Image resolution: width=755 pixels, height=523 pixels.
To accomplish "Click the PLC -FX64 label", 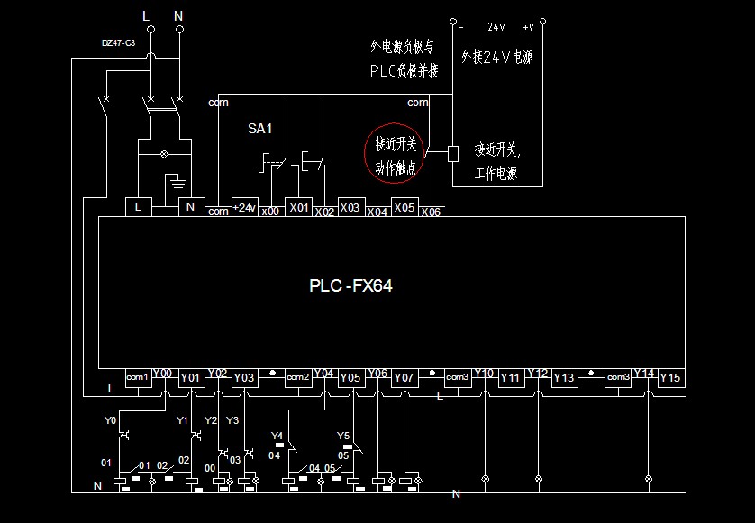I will (350, 286).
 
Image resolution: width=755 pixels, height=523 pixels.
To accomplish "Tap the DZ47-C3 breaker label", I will (118, 42).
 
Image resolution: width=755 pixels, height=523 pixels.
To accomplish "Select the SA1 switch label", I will (259, 129).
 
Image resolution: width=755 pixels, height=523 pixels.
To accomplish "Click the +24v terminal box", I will (245, 207).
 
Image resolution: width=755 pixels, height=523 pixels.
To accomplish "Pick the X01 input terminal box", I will (298, 207).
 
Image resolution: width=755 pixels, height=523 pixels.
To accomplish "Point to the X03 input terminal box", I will (350, 207).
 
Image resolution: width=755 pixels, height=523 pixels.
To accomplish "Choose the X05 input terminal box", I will (405, 207).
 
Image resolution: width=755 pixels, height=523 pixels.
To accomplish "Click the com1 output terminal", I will (137, 377).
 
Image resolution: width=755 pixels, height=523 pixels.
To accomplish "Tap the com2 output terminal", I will (298, 377).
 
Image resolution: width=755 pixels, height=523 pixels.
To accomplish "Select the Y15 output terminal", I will (671, 378).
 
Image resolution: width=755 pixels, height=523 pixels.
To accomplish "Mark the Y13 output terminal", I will (564, 378).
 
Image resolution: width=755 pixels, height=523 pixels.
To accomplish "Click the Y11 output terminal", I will (510, 378).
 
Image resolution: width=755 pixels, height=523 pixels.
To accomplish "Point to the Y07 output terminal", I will (405, 378).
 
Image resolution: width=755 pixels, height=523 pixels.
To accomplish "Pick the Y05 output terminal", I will (350, 378).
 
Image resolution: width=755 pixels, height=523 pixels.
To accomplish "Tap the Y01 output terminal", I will (191, 378).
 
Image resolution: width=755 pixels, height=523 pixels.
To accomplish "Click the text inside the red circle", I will (396, 153).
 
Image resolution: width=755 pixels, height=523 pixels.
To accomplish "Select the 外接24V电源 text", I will (496, 57).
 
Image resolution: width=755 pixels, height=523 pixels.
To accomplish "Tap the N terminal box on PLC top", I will (190, 207).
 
